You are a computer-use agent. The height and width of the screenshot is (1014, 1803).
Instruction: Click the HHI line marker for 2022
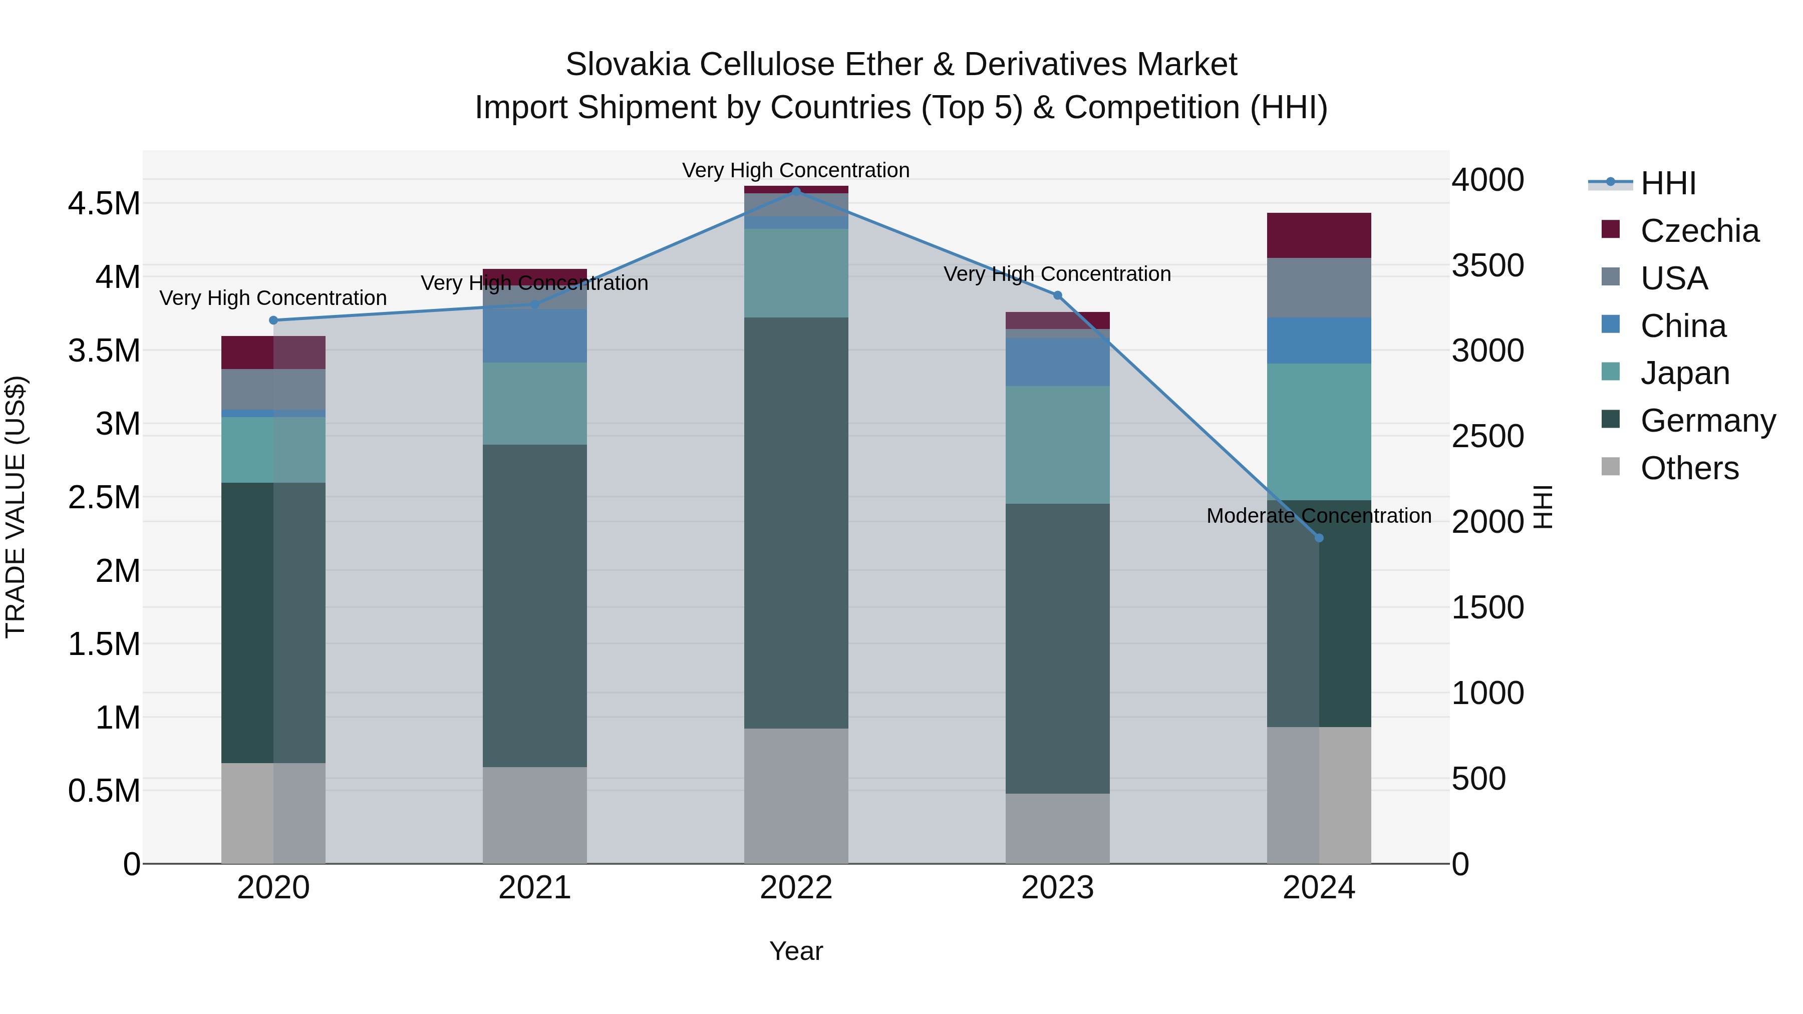click(x=796, y=192)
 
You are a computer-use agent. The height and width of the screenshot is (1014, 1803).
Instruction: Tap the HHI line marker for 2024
click(x=1319, y=537)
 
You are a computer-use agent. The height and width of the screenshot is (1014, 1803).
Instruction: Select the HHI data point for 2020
click(x=273, y=320)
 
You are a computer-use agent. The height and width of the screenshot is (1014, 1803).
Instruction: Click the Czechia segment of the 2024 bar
click(x=1319, y=235)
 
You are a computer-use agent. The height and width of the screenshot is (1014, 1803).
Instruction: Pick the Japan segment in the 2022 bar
click(x=796, y=273)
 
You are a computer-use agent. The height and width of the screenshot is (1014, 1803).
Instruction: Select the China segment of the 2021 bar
click(x=535, y=336)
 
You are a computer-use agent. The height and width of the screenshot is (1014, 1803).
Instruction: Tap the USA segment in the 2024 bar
click(x=1319, y=287)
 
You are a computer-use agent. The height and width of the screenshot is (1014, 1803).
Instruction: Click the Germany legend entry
click(x=1707, y=421)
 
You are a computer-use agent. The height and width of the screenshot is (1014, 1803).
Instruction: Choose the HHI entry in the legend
click(x=1667, y=183)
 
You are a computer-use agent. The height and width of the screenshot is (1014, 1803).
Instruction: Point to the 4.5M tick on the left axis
click(x=104, y=204)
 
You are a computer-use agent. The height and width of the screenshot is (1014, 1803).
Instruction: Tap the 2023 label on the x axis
click(x=1057, y=887)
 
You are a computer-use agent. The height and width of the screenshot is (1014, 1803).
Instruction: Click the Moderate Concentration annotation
click(x=1319, y=516)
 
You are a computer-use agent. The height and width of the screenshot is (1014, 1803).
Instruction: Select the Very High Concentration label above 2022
click(x=796, y=170)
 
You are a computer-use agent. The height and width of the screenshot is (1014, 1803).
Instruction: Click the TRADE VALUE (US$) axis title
click(x=16, y=507)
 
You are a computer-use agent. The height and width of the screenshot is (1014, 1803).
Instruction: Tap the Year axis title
click(x=796, y=951)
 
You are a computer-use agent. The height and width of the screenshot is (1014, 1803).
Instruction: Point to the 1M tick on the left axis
click(x=118, y=717)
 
